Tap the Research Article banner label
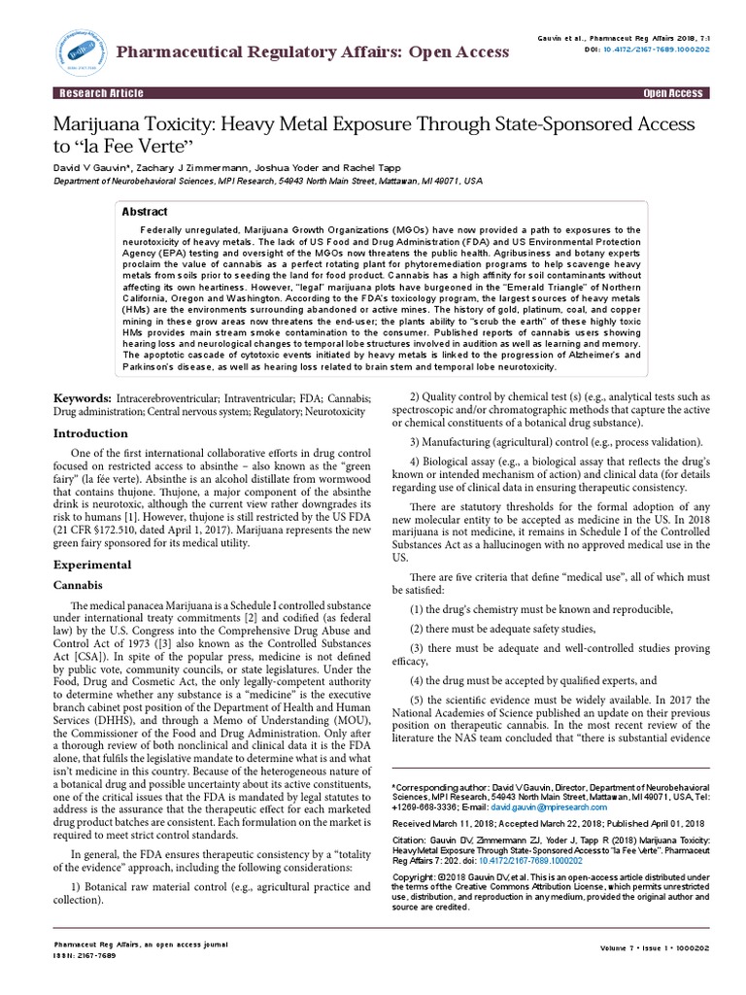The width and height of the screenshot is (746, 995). tap(102, 93)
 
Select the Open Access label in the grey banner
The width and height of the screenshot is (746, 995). tap(672, 93)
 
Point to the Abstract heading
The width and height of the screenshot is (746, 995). tap(145, 212)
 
